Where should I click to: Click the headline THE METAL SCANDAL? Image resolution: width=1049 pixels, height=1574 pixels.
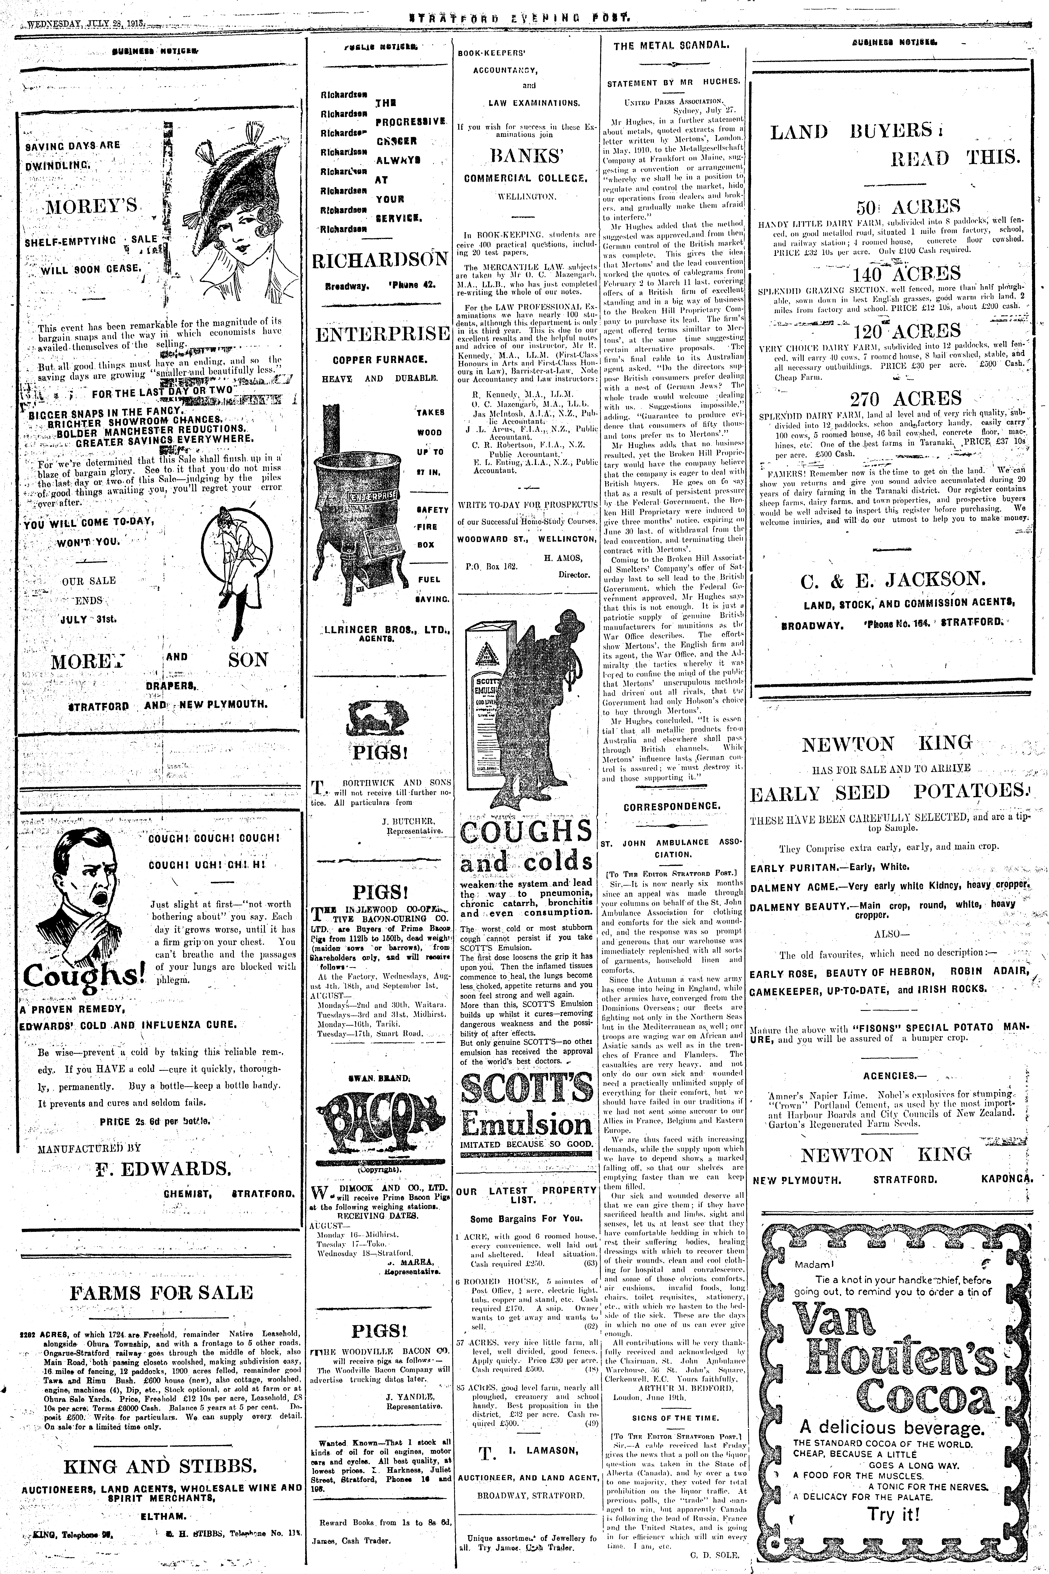(671, 46)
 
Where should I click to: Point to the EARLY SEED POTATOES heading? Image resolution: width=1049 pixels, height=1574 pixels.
(890, 793)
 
